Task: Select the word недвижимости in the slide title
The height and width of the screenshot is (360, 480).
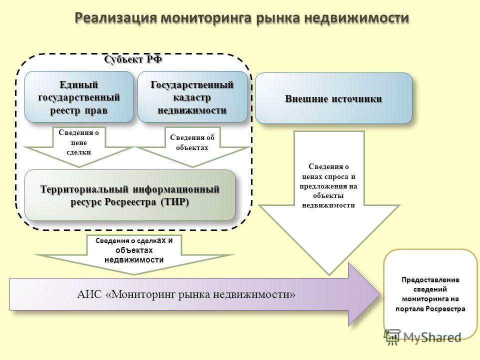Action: tap(356, 18)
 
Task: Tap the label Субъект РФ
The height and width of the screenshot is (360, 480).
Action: tap(133, 59)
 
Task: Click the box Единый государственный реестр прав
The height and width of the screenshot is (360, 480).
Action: tap(79, 97)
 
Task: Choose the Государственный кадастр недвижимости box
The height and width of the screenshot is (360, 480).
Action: tap(192, 97)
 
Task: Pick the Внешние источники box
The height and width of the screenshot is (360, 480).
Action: tap(333, 98)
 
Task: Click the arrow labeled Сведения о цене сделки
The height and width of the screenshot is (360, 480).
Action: tap(79, 147)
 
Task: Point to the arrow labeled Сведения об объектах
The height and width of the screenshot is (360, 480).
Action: tap(192, 147)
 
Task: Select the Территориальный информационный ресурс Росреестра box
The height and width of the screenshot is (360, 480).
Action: tap(130, 195)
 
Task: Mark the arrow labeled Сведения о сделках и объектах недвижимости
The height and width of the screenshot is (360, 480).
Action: tap(134, 254)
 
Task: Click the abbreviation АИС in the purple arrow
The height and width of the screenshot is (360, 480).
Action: tap(89, 294)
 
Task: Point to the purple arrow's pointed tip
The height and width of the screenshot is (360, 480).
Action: tap(380, 294)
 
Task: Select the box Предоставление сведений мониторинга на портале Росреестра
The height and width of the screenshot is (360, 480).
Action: tap(430, 294)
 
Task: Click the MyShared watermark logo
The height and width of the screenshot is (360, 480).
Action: tap(423, 337)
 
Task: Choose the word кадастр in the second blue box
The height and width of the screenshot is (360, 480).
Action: tap(192, 97)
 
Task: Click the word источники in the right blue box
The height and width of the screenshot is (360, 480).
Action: tap(357, 99)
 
